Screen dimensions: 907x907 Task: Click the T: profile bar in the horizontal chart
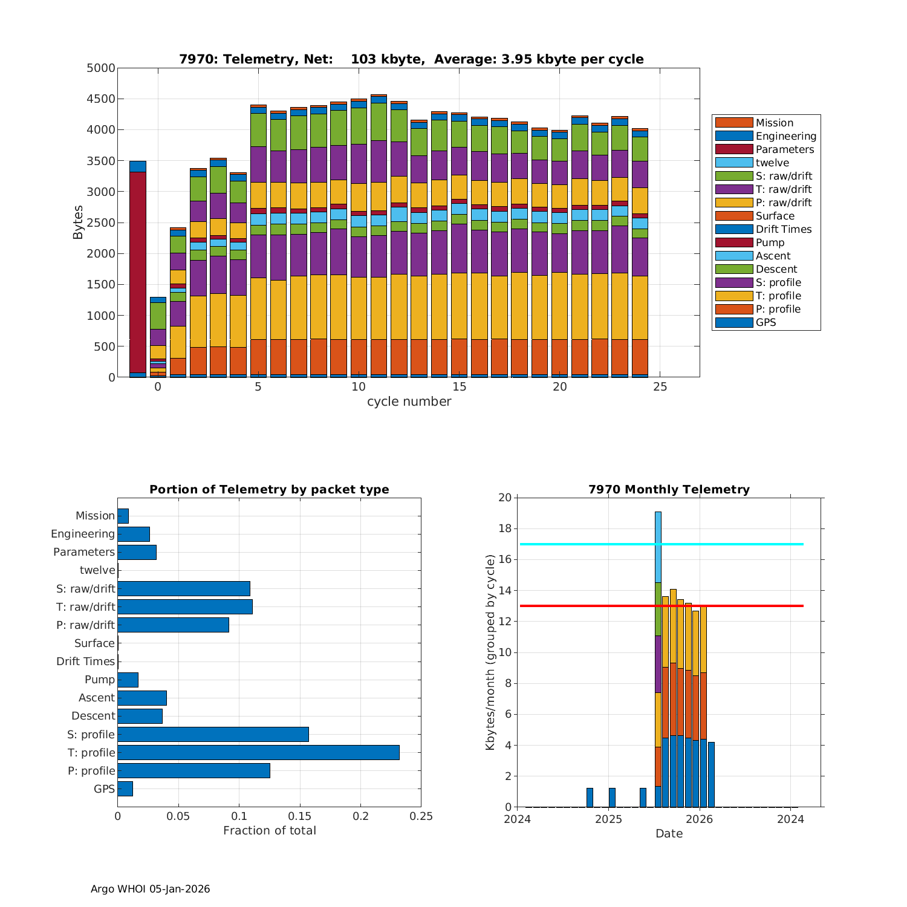click(x=258, y=752)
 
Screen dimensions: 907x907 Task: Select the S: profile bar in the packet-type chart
click(x=213, y=734)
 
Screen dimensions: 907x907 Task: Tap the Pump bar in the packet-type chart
click(x=128, y=680)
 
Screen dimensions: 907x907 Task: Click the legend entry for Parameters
click(x=785, y=149)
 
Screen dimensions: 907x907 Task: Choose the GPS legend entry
click(x=766, y=322)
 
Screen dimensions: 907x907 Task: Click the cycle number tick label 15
click(x=459, y=387)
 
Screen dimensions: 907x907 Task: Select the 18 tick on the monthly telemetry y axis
click(x=504, y=529)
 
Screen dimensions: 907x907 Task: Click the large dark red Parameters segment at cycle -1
click(x=138, y=272)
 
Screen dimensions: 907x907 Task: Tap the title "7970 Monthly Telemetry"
click(x=669, y=490)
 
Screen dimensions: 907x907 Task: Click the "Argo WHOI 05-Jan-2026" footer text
click(x=150, y=889)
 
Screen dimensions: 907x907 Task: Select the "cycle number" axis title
click(x=409, y=402)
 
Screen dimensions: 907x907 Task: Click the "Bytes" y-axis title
click(x=78, y=223)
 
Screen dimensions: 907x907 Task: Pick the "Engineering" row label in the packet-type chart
click(x=83, y=534)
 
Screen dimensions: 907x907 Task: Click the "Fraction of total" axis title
click(x=269, y=831)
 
